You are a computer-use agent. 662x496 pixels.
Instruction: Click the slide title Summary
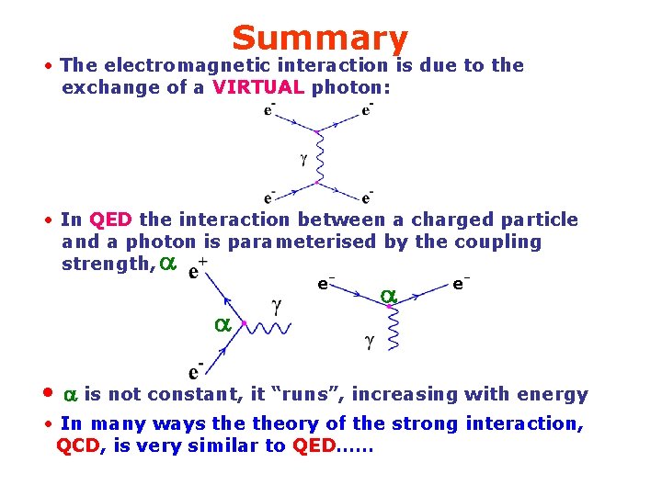point(319,39)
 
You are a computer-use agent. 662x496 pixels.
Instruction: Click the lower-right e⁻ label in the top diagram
point(367,197)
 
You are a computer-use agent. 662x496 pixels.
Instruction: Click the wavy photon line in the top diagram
point(318,156)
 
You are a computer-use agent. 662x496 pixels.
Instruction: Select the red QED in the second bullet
point(111,220)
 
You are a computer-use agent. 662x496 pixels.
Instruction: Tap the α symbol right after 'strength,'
point(166,264)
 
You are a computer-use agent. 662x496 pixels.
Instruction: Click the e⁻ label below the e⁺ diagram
point(196,371)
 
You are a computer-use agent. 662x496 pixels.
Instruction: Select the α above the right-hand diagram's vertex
point(388,296)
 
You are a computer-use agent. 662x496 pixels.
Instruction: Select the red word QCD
point(78,445)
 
